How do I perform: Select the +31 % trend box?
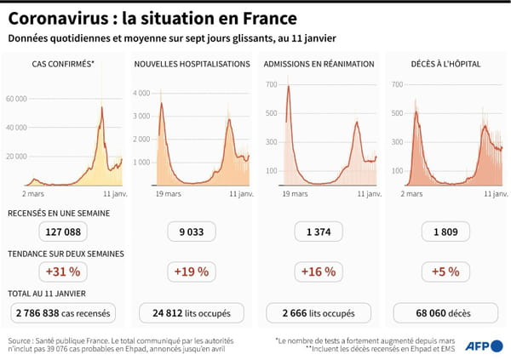coord(63,271)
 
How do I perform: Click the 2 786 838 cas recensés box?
coord(63,312)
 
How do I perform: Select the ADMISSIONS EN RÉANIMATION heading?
coord(319,64)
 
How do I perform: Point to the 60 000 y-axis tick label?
coord(17,99)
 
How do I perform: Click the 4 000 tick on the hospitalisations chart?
coord(142,93)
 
